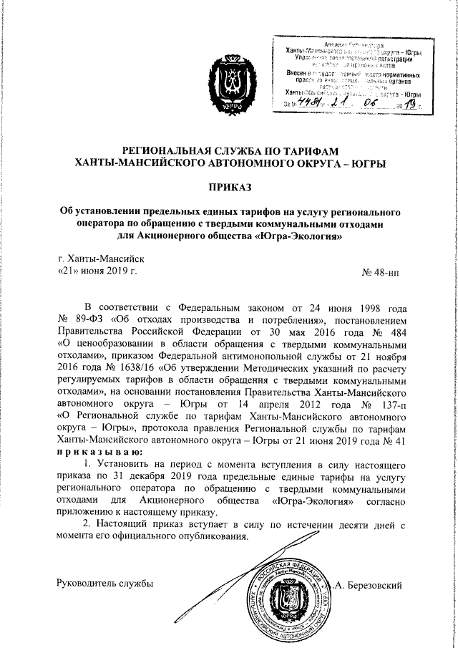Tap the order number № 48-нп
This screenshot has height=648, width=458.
[x=385, y=272]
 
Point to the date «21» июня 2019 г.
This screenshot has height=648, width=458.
[x=97, y=272]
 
